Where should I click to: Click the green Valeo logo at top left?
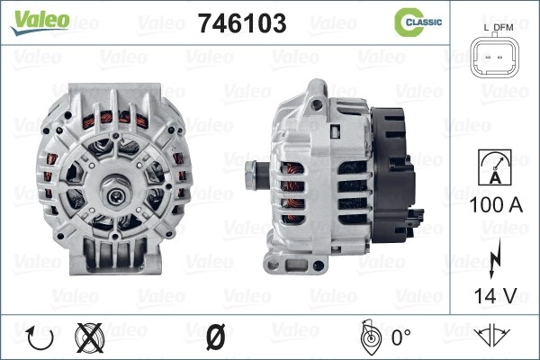point(40,22)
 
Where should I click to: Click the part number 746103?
point(242,23)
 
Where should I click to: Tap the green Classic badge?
point(418,22)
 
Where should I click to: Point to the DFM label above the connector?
point(503,28)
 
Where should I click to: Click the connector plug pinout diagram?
point(495,57)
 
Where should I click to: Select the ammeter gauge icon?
point(495,167)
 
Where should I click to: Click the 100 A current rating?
point(496,205)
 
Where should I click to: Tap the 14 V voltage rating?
point(495,295)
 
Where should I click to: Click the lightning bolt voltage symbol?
point(494,258)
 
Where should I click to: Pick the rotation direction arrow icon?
point(40,338)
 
